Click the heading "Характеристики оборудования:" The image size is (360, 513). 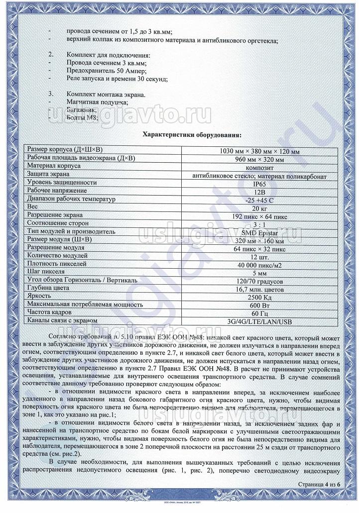point(193,134)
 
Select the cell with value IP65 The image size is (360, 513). point(258,183)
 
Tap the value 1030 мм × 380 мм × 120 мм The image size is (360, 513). point(258,151)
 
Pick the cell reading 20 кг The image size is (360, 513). point(258,207)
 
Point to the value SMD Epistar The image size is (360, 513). point(258,231)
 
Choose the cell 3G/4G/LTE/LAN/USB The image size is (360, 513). point(258,320)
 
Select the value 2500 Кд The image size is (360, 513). point(258,296)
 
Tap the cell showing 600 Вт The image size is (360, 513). point(258,305)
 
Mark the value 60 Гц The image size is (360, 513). point(258,312)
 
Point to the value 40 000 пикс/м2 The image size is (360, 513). point(258,264)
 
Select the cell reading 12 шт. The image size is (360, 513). point(258,256)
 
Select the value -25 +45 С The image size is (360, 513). point(258,199)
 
